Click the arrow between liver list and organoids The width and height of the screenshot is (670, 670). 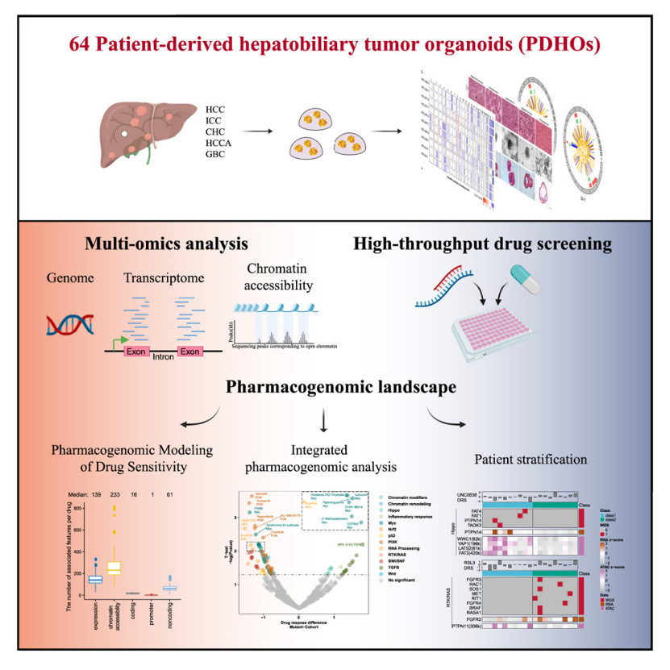[260, 130]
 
